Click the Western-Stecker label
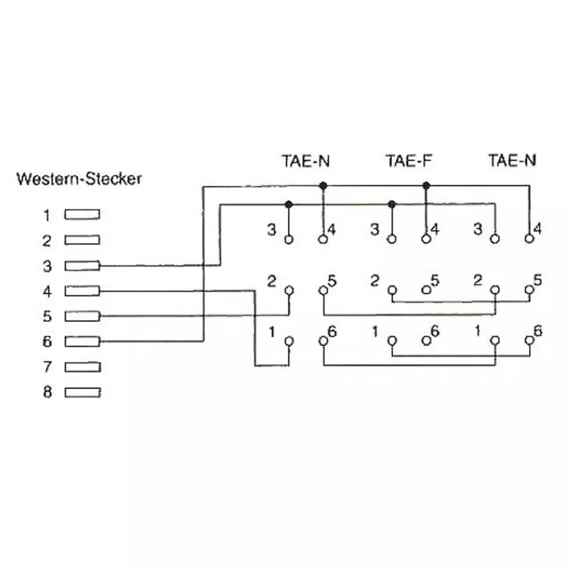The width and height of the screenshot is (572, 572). pyautogui.click(x=79, y=179)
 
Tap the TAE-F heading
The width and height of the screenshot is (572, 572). pyautogui.click(x=409, y=160)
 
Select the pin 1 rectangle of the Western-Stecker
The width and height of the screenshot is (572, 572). pyautogui.click(x=82, y=214)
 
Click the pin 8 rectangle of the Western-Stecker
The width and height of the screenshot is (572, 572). pyautogui.click(x=82, y=392)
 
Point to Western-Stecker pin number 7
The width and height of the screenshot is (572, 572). pyautogui.click(x=47, y=367)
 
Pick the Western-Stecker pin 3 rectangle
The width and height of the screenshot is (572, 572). pyautogui.click(x=82, y=265)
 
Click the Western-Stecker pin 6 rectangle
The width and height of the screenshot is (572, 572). pyautogui.click(x=82, y=341)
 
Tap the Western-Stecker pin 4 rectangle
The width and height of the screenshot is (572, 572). pyautogui.click(x=82, y=291)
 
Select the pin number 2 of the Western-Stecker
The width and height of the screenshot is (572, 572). pyautogui.click(x=47, y=240)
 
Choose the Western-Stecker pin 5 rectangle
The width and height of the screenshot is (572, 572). pyautogui.click(x=82, y=316)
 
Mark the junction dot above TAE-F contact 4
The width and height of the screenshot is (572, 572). pyautogui.click(x=426, y=186)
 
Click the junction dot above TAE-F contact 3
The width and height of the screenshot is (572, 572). pyautogui.click(x=392, y=204)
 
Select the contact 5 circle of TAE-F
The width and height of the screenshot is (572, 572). pyautogui.click(x=426, y=290)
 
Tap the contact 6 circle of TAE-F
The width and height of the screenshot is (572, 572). pyautogui.click(x=426, y=341)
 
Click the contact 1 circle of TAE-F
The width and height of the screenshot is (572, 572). pyautogui.click(x=392, y=341)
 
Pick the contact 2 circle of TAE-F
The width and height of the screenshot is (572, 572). pyautogui.click(x=392, y=290)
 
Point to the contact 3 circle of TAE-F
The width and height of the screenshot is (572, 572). pyautogui.click(x=392, y=240)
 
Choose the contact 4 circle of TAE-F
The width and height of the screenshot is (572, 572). pyautogui.click(x=426, y=240)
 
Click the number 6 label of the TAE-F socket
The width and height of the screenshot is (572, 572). pyautogui.click(x=435, y=332)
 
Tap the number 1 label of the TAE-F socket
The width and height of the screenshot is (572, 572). pyautogui.click(x=375, y=332)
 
